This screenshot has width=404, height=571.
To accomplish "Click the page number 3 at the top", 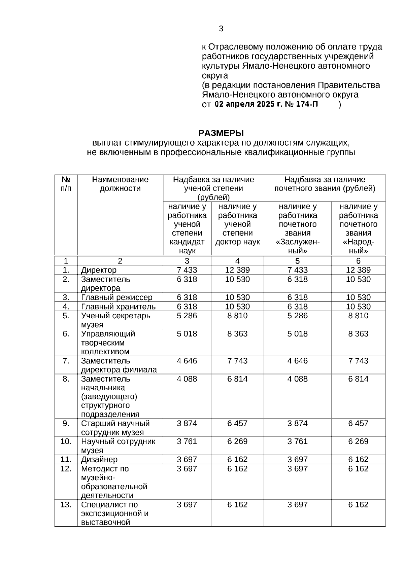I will [221, 29].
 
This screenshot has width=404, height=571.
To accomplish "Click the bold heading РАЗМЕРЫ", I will [221, 133].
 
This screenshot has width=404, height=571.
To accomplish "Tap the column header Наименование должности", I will [120, 184].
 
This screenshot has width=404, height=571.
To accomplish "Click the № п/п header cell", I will [66, 184].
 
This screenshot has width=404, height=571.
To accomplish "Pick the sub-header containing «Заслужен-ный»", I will [298, 229].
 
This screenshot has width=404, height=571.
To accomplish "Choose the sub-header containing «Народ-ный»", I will [358, 229].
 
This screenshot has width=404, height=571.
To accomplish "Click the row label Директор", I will [99, 270].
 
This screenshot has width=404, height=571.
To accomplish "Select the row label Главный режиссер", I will [116, 297].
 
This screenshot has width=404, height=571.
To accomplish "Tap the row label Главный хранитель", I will [118, 307].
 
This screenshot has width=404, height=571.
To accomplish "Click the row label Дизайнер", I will [99, 460].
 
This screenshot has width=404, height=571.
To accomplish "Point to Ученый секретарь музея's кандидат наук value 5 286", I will [187, 316].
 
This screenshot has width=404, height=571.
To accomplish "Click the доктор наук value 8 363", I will [237, 334].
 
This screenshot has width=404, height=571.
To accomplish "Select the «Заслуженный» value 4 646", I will [298, 361].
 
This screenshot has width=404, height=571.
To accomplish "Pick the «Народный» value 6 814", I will [358, 379].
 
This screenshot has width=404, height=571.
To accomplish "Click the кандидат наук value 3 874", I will [187, 423].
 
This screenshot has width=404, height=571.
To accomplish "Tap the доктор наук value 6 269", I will [237, 441].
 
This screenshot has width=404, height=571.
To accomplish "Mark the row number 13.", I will [66, 505].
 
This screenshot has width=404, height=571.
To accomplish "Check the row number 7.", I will [66, 361].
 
